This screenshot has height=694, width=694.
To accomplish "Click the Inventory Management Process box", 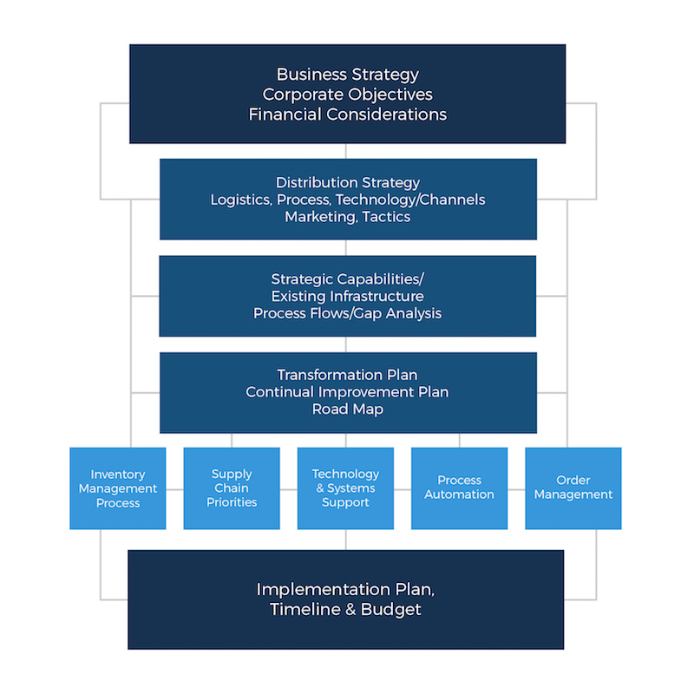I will [118, 488].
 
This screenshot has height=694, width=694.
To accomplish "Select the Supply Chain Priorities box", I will [232, 488].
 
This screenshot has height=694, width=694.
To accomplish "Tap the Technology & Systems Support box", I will [345, 488].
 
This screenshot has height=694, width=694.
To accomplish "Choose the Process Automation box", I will [459, 488].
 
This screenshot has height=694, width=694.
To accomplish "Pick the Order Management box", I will [573, 488].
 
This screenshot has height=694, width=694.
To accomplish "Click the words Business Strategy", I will [348, 75].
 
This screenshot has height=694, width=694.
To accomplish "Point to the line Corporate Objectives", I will [348, 95].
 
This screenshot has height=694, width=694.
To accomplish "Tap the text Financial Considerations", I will [348, 115].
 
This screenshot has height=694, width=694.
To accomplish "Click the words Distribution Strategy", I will [348, 183].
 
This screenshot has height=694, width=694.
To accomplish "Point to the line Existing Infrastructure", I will [348, 297].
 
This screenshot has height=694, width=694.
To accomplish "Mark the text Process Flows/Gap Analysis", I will [348, 313].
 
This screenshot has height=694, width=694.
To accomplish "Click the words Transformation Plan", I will [348, 375].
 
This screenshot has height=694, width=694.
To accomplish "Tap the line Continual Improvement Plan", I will [348, 392].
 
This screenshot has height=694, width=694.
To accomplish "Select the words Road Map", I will [348, 409].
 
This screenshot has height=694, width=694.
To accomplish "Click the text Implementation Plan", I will [345, 590].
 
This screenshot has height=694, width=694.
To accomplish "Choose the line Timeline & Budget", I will [345, 610].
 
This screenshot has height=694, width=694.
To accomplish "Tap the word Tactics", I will [387, 217].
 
